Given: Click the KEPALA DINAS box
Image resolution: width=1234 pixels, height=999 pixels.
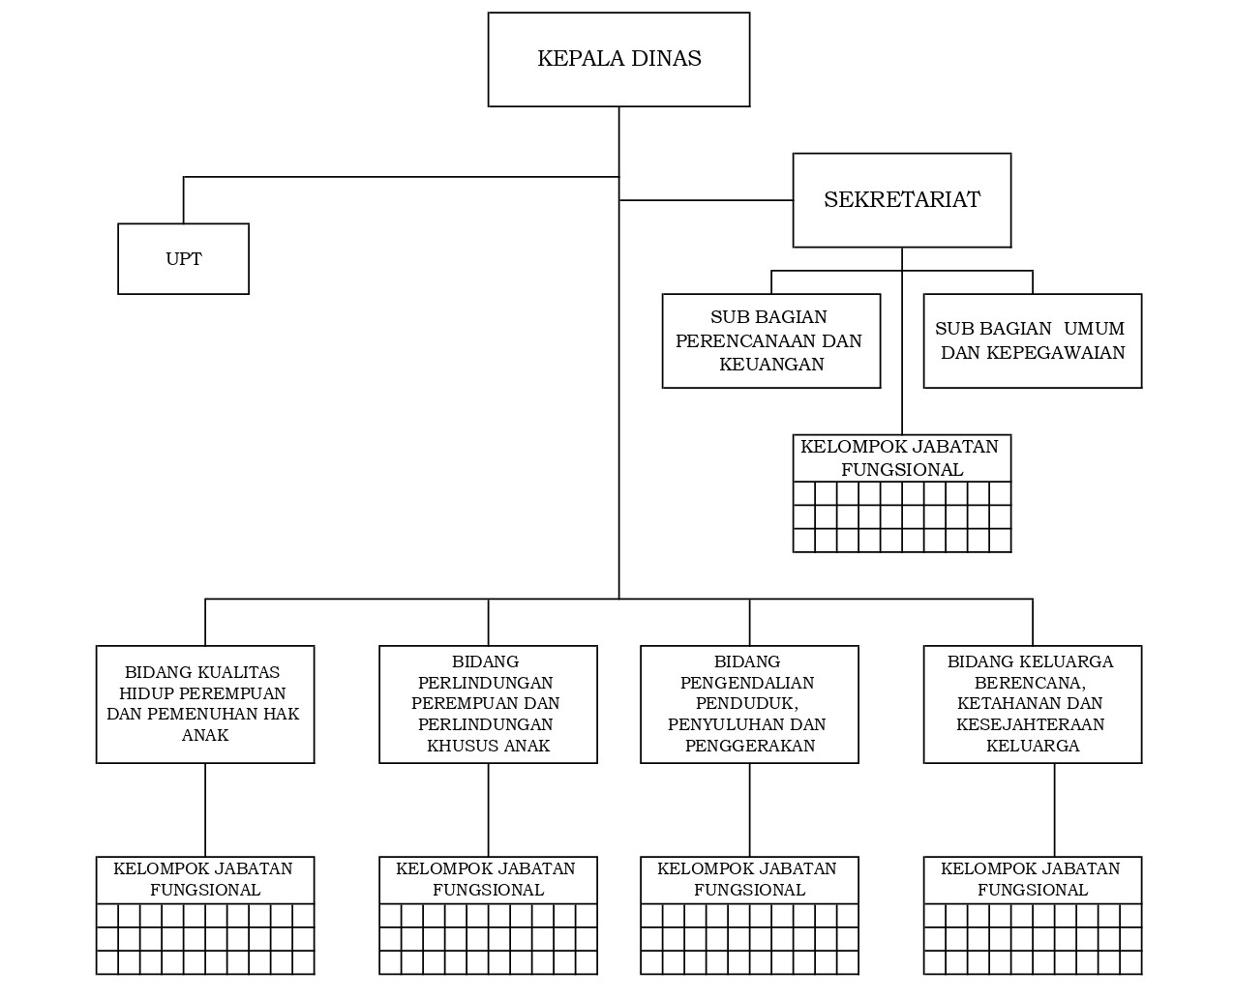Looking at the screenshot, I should click(x=618, y=59).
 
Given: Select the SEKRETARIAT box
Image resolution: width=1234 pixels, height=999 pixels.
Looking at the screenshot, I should click(x=901, y=200).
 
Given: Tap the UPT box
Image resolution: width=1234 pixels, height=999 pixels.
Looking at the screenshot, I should click(x=183, y=259).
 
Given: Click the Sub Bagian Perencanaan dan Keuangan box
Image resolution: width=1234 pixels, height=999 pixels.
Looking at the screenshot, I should click(x=770, y=340).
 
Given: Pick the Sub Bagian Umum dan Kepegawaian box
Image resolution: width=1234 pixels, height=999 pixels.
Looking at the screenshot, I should click(x=1032, y=340).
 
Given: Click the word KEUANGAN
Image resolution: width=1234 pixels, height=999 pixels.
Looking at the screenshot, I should click(x=771, y=365).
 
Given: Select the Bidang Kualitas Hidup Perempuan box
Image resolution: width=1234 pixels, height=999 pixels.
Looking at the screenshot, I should click(x=204, y=704).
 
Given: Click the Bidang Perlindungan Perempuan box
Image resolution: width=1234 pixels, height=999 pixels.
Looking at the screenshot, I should click(x=487, y=704).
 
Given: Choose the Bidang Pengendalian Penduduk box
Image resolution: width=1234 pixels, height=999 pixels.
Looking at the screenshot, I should click(x=748, y=704).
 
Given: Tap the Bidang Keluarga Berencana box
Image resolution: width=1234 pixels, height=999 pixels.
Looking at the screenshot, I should click(x=1032, y=704).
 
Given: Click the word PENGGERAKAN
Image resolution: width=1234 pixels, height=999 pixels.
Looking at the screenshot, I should click(x=749, y=746).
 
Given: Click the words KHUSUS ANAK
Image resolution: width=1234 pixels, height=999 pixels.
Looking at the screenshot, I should click(x=489, y=746).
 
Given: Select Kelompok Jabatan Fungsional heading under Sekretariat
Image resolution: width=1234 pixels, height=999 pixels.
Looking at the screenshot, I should click(x=901, y=458).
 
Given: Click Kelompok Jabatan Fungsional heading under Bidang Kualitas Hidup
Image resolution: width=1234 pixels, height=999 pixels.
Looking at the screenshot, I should click(x=204, y=879).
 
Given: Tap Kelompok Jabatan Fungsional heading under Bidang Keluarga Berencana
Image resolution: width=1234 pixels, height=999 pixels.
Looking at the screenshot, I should click(x=1032, y=879).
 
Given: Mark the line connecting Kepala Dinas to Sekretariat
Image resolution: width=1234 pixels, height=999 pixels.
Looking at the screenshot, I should click(x=707, y=200).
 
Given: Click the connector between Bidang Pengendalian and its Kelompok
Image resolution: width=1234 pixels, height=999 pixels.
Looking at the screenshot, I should click(x=749, y=809).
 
